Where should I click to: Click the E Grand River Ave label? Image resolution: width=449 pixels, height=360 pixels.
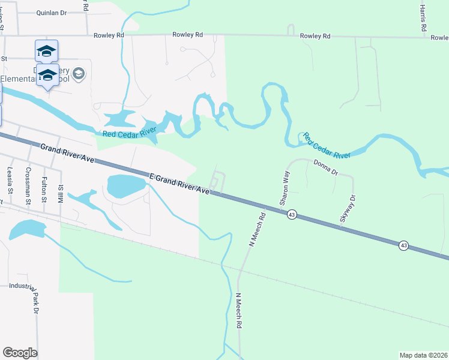click(179, 183)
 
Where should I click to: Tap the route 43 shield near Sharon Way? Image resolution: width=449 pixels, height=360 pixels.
click(292, 214)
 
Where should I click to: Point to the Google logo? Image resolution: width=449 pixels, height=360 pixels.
click(20, 353)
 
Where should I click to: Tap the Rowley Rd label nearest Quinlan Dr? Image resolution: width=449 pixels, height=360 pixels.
click(109, 35)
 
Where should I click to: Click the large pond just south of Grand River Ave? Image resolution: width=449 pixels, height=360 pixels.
click(126, 186)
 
